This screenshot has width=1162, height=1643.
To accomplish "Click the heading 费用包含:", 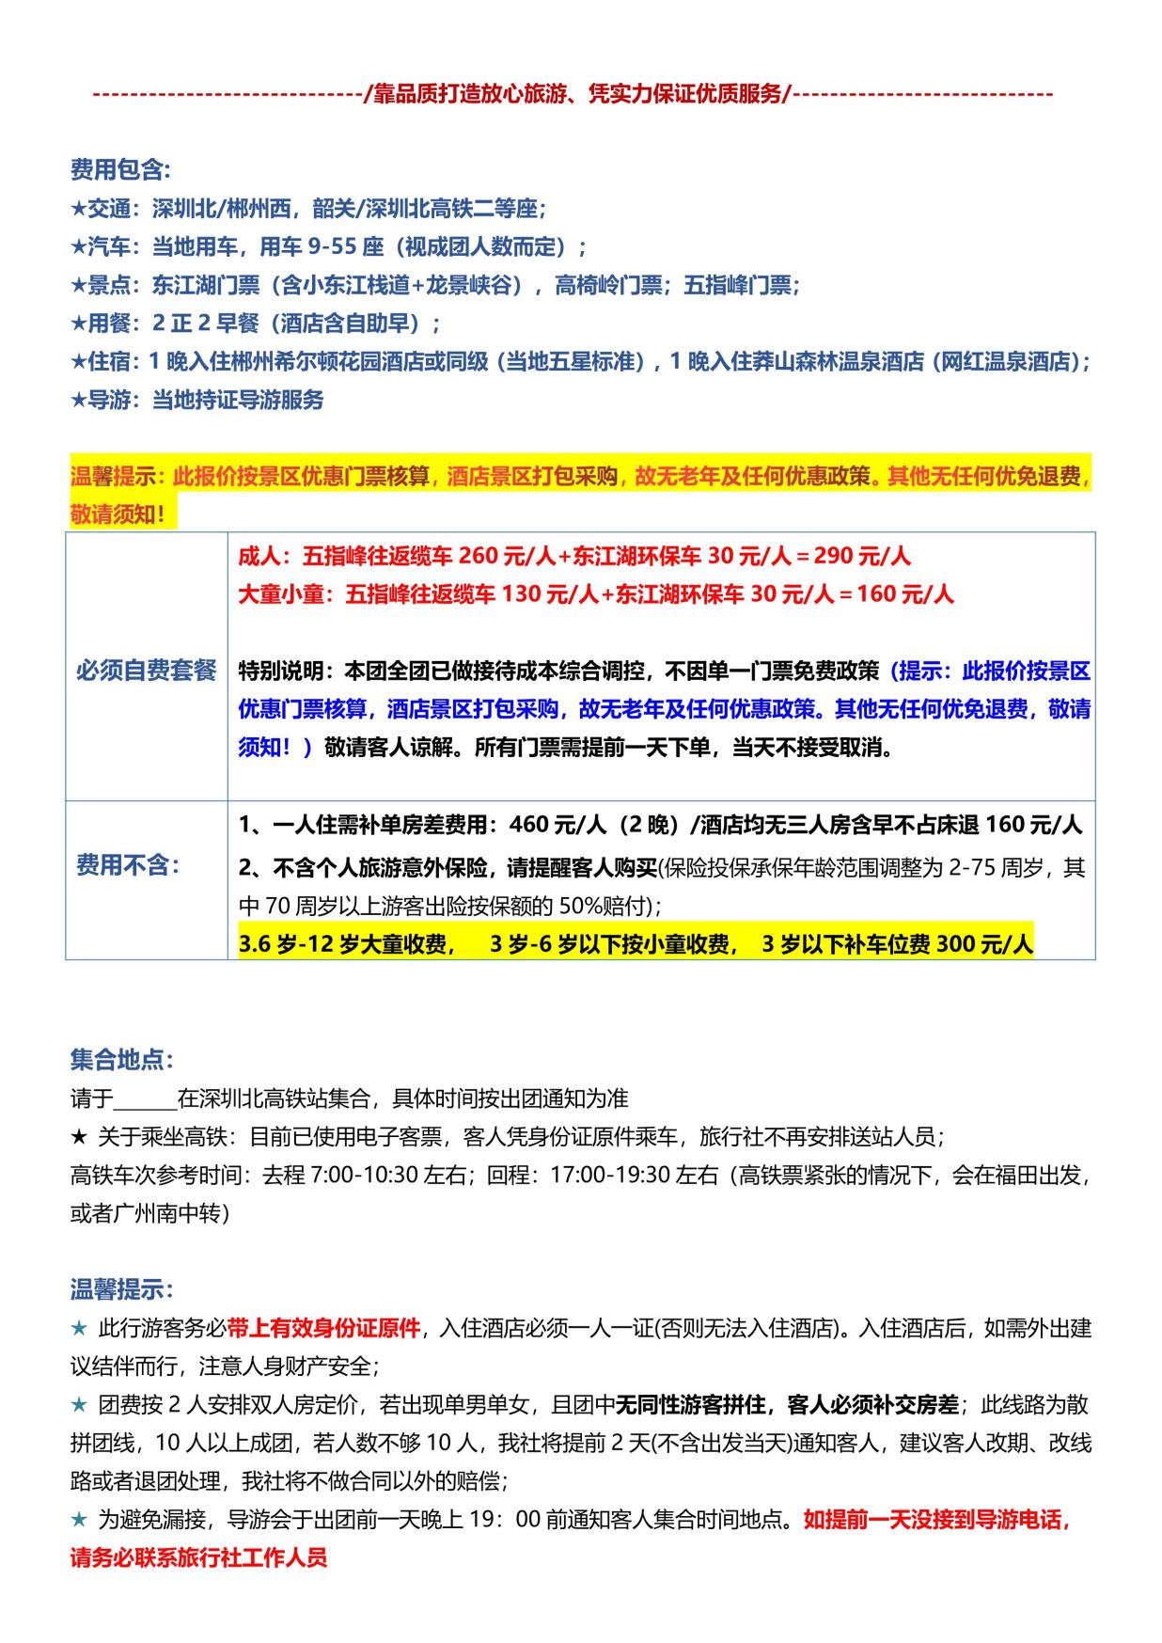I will coord(120,170).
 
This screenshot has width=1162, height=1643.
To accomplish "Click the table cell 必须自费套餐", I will coord(146,671).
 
